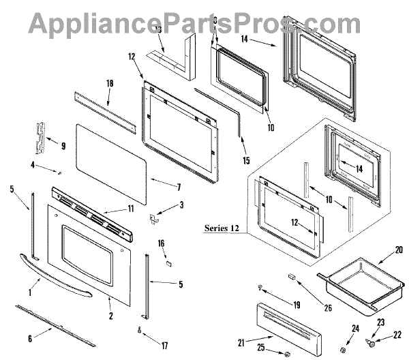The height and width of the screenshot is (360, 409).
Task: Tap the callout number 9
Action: click(63, 145)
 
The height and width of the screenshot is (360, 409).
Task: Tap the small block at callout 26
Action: click(292, 277)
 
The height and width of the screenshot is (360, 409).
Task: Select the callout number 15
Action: click(246, 162)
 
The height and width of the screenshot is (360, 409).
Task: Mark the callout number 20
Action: click(399, 250)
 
